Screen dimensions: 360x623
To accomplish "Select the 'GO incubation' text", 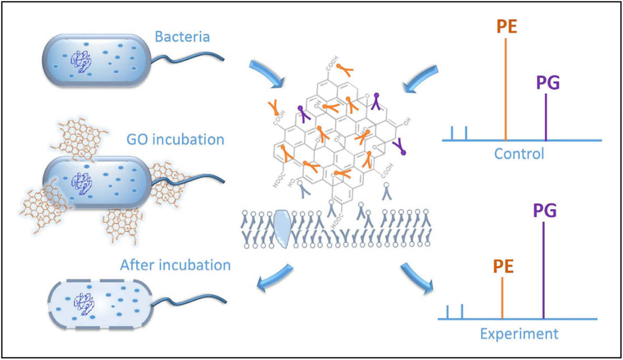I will [x=175, y=140].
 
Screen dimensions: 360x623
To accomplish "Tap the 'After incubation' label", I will [x=175, y=265].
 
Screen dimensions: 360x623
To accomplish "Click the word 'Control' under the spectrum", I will [x=519, y=154].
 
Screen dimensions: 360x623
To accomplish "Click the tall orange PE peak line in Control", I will [x=506, y=89].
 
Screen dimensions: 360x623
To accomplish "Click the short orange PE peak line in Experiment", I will [x=502, y=298].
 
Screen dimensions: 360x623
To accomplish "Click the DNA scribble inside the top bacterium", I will [x=79, y=61].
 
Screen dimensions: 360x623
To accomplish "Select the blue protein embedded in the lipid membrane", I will [x=282, y=226].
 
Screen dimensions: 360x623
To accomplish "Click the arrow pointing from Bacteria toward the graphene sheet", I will [x=267, y=72].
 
